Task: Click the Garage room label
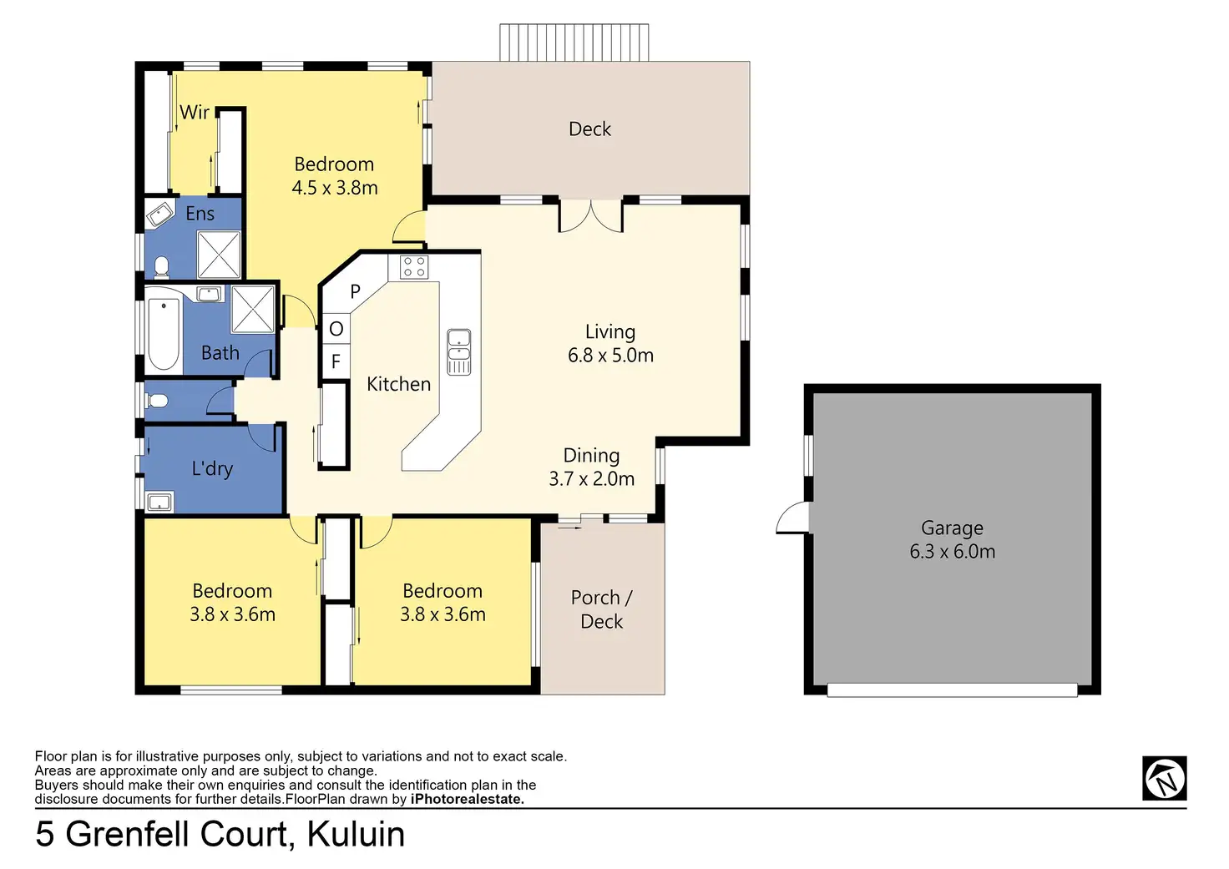952,528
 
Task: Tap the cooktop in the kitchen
414,267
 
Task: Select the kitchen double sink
458,351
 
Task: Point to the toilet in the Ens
160,267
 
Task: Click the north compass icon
1164,778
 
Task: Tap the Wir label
195,112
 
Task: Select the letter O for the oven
336,329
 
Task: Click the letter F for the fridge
336,361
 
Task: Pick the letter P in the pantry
355,292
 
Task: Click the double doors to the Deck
590,215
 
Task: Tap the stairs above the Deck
574,43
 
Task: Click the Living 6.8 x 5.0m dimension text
610,356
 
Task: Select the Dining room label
591,456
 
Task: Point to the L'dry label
212,469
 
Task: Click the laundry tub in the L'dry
159,502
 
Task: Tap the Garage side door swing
794,518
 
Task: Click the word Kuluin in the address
356,834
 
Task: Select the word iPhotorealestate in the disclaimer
467,799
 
